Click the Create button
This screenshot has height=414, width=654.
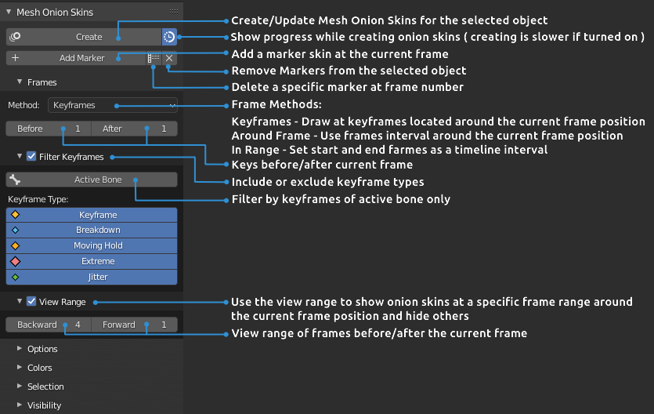pyautogui.click(x=83, y=37)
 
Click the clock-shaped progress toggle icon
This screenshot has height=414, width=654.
pyautogui.click(x=169, y=37)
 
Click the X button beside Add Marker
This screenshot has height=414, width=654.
pyautogui.click(x=169, y=58)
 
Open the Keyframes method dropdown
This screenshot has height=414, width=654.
pyautogui.click(x=113, y=105)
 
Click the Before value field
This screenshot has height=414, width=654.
pyautogui.click(x=48, y=129)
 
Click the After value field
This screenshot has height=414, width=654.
pyautogui.click(x=134, y=129)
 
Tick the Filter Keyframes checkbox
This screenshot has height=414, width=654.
pyautogui.click(x=31, y=157)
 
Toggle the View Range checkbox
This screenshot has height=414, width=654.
pyautogui.click(x=31, y=301)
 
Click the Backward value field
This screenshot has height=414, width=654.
pyautogui.click(x=48, y=325)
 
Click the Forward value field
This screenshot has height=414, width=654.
pyautogui.click(x=134, y=325)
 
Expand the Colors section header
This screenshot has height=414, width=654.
pyautogui.click(x=39, y=368)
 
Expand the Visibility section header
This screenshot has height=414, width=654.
pyautogui.click(x=44, y=405)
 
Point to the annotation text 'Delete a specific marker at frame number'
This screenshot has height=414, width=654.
pyautogui.click(x=348, y=87)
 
